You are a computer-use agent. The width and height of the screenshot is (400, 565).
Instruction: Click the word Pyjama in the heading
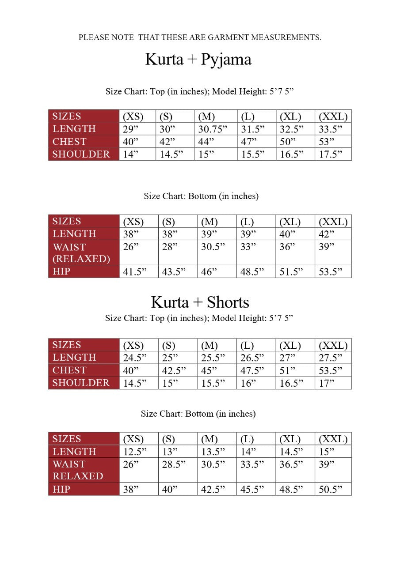[226, 60]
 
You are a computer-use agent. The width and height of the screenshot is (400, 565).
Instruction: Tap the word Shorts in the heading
[228, 302]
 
